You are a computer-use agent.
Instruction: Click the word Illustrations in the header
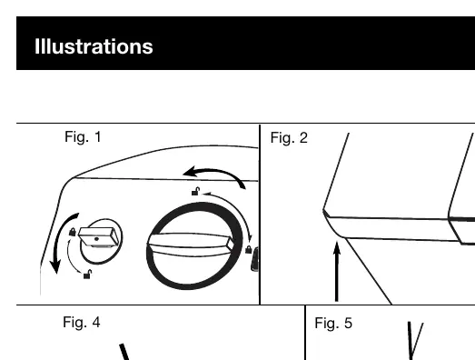(94, 46)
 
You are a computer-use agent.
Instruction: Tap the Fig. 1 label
(83, 136)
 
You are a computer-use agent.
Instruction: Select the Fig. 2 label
(289, 137)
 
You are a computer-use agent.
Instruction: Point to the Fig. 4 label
(82, 322)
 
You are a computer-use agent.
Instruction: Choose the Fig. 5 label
(333, 323)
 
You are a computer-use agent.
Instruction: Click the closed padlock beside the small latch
(73, 232)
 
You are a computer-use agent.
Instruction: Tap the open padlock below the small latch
(87, 275)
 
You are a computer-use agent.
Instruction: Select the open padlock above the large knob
(196, 192)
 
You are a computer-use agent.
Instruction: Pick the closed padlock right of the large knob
(249, 250)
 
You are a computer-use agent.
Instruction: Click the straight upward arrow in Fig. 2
(337, 271)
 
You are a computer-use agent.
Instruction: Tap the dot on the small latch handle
(96, 239)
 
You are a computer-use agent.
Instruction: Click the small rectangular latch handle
(98, 237)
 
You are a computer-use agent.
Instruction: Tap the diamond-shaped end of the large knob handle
(231, 244)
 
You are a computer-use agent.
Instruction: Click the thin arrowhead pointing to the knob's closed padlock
(250, 239)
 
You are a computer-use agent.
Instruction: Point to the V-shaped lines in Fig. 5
(414, 340)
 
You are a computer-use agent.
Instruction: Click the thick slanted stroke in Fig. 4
(124, 352)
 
